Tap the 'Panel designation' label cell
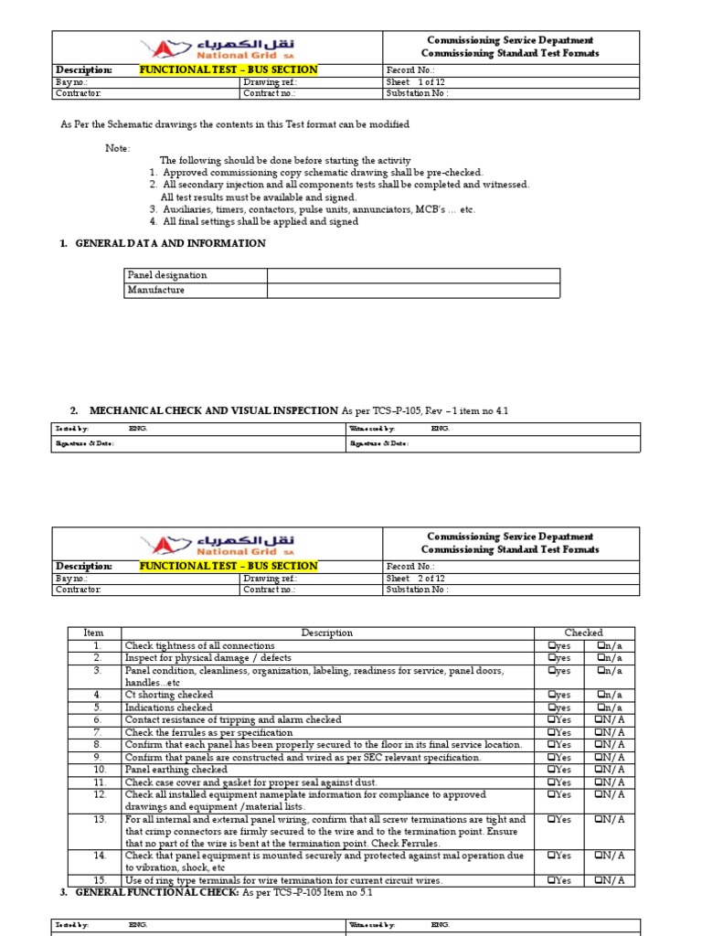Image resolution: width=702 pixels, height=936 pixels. [x=167, y=275]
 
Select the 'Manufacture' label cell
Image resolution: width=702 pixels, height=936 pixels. [x=156, y=290]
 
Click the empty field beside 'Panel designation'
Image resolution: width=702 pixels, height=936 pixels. [x=413, y=275]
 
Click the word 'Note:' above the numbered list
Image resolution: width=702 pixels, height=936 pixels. [x=118, y=148]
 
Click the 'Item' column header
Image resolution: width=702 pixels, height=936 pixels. [x=94, y=633]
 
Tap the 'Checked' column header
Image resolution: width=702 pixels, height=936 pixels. [x=583, y=633]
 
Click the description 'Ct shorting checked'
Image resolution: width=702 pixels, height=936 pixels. [x=168, y=696]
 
